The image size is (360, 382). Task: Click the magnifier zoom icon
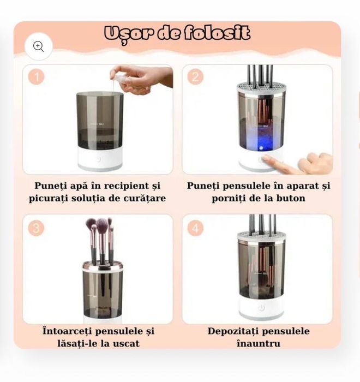coord(38,46)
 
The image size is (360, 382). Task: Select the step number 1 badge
coord(36,77)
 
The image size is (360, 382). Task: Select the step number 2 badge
coord(195,77)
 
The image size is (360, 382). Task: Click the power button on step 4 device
coord(261,308)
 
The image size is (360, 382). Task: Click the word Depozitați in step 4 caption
coord(233,331)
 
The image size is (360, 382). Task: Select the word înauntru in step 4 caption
coord(258,343)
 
